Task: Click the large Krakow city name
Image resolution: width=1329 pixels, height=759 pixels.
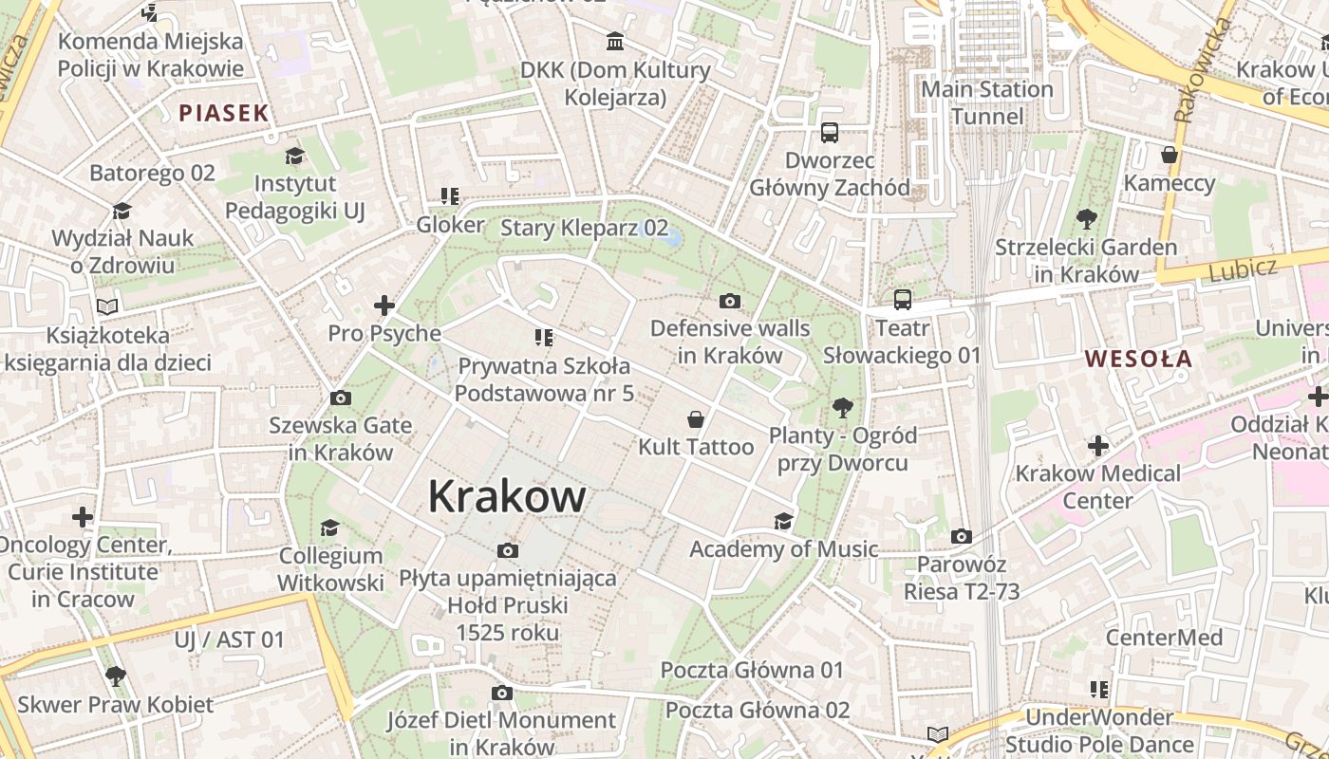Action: pyautogui.click(x=507, y=496)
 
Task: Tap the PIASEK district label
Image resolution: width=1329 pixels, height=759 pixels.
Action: pyautogui.click(x=224, y=114)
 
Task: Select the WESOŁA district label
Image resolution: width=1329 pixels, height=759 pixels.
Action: pyautogui.click(x=1138, y=359)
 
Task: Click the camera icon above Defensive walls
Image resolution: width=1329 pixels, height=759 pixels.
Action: pyautogui.click(x=729, y=302)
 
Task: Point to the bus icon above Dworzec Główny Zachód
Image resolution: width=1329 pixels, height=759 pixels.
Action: pyautogui.click(x=830, y=132)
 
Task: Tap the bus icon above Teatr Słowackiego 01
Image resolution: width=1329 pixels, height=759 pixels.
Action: pyautogui.click(x=902, y=300)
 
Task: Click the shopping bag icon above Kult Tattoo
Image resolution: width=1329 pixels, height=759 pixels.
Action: pyautogui.click(x=696, y=419)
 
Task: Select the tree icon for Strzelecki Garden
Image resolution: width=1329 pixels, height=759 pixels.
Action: pyautogui.click(x=1087, y=219)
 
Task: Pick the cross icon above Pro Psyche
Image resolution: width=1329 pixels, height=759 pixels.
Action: pyautogui.click(x=384, y=305)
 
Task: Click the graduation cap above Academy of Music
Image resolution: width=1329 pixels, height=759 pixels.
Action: pyautogui.click(x=783, y=521)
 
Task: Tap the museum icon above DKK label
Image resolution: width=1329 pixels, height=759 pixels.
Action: pyautogui.click(x=615, y=42)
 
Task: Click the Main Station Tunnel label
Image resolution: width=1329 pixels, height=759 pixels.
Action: pyautogui.click(x=987, y=102)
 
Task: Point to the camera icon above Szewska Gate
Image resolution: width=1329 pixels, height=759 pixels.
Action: pyautogui.click(x=340, y=398)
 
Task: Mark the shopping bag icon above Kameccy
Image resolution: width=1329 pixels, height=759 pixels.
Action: pyautogui.click(x=1170, y=155)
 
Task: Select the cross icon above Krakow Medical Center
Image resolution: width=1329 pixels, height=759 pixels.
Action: pyautogui.click(x=1098, y=446)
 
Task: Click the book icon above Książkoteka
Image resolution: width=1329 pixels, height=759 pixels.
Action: pyautogui.click(x=107, y=307)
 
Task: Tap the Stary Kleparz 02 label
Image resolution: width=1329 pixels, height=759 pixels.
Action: pyautogui.click(x=584, y=228)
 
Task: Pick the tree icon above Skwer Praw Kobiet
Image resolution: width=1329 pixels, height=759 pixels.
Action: pyautogui.click(x=116, y=676)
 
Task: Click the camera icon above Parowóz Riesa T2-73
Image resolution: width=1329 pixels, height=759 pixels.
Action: pyautogui.click(x=961, y=537)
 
